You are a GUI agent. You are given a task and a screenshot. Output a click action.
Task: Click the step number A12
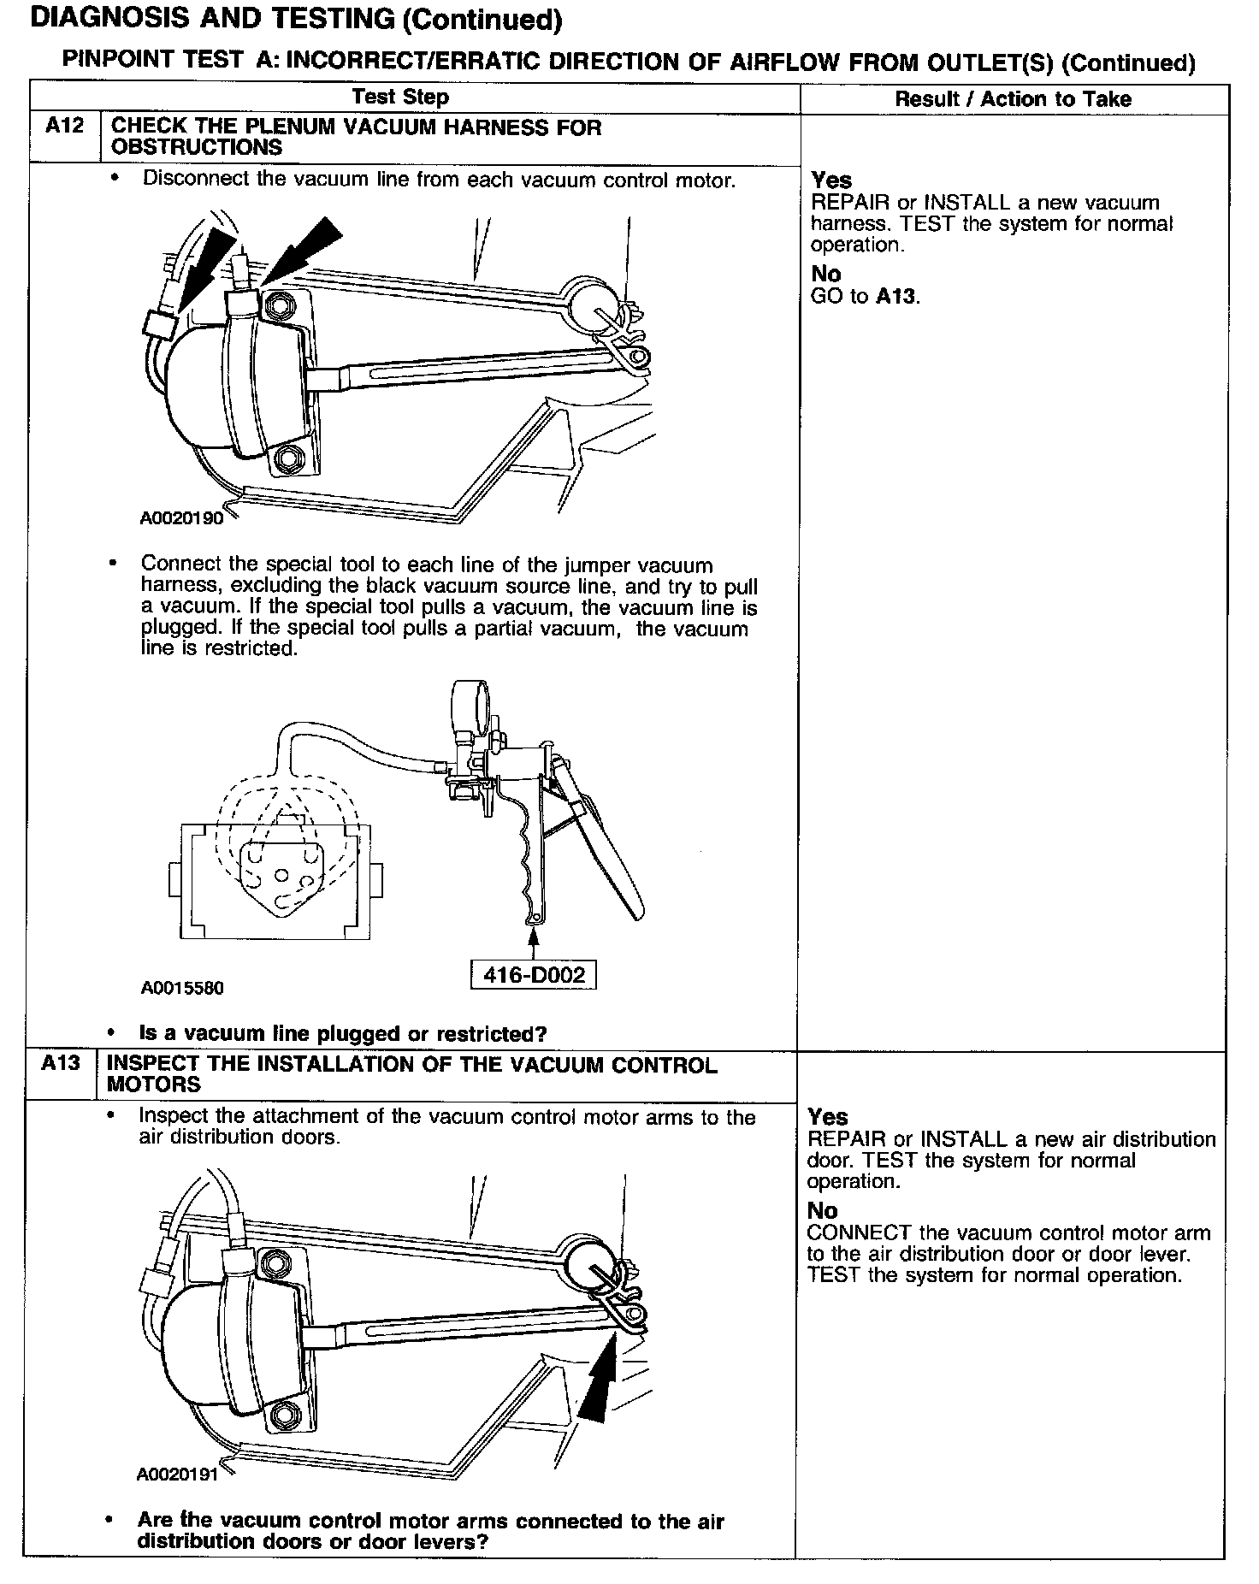pyautogui.click(x=64, y=127)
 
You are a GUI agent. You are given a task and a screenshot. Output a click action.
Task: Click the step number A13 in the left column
pyautogui.click(x=61, y=1063)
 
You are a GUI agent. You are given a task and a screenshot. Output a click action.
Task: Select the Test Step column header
pyautogui.click(x=400, y=98)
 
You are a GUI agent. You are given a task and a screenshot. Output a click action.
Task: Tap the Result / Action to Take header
pyautogui.click(x=1013, y=99)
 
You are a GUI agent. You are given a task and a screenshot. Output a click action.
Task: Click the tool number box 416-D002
pyautogui.click(x=534, y=975)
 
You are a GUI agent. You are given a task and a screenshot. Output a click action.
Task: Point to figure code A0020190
pyautogui.click(x=181, y=518)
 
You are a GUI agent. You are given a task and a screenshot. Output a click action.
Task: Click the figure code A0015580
pyautogui.click(x=182, y=989)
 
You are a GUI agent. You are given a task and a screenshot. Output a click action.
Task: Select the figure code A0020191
pyautogui.click(x=177, y=1475)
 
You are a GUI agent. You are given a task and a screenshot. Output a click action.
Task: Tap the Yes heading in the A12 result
pyautogui.click(x=831, y=180)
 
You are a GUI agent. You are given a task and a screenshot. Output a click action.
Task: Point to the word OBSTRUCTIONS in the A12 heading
pyautogui.click(x=197, y=147)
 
